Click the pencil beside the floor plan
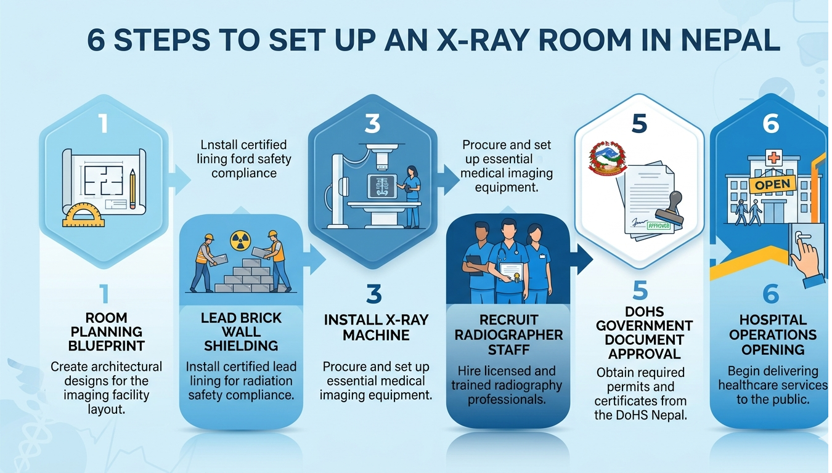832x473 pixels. pyautogui.click(x=133, y=188)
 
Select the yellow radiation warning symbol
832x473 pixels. pyautogui.click(x=240, y=241)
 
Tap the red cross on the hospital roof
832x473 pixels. pyautogui.click(x=773, y=158)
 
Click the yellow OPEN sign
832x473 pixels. pyautogui.click(x=773, y=185)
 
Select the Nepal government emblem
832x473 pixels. pyautogui.click(x=608, y=158)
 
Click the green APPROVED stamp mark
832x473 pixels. pyautogui.click(x=658, y=225)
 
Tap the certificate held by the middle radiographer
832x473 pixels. pyautogui.click(x=511, y=272)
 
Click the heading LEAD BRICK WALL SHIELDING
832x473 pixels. pyautogui.click(x=241, y=332)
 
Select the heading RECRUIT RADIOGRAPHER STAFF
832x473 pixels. pyautogui.click(x=508, y=335)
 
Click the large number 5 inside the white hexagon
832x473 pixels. pyautogui.click(x=639, y=123)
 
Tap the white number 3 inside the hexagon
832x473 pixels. pyautogui.click(x=372, y=123)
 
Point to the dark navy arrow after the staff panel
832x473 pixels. pyautogui.click(x=584, y=259)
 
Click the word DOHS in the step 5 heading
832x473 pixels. pyautogui.click(x=644, y=311)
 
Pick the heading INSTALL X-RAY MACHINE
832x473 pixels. pyautogui.click(x=376, y=328)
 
